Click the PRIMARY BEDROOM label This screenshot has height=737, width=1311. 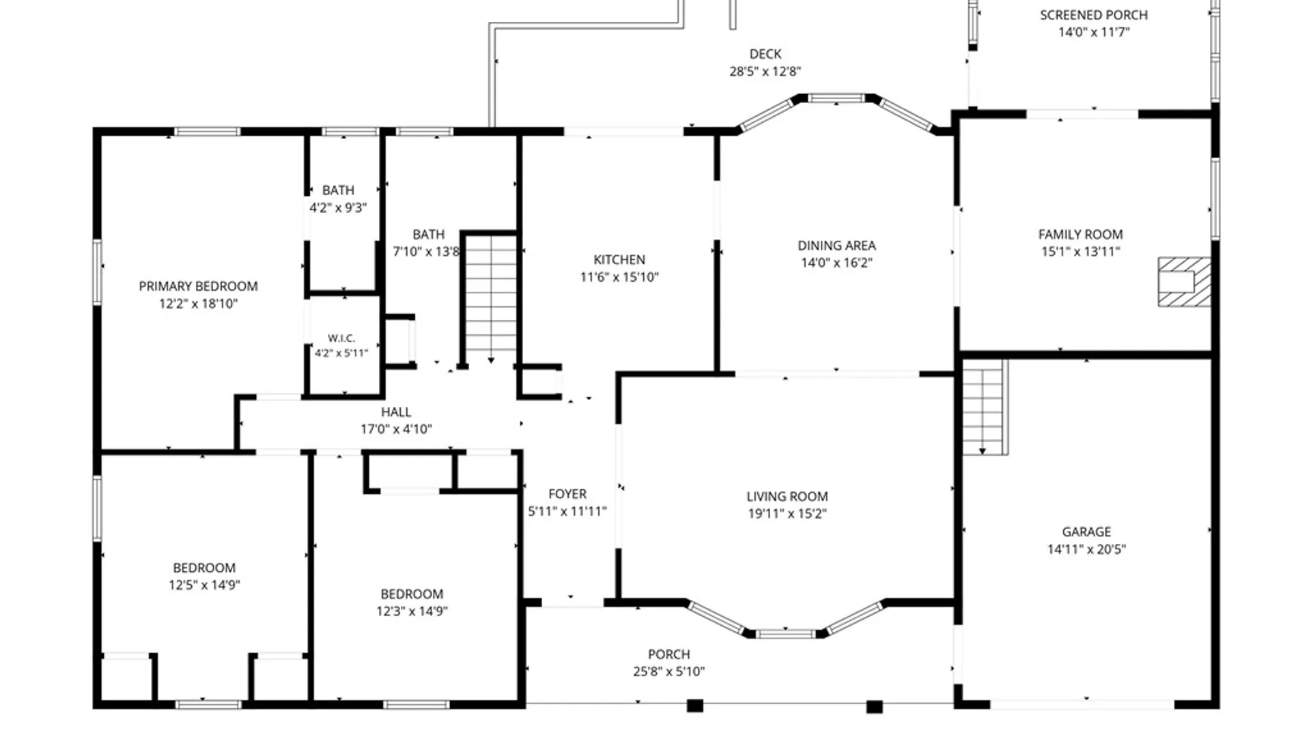click(198, 286)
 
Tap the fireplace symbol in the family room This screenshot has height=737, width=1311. click(1184, 281)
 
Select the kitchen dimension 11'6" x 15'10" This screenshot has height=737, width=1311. click(619, 277)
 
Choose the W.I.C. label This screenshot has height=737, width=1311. click(341, 338)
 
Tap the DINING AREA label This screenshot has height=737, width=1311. click(836, 246)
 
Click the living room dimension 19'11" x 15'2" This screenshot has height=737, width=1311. click(787, 514)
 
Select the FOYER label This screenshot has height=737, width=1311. click(567, 494)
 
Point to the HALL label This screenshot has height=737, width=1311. click(396, 412)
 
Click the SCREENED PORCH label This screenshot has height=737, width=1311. click(1094, 15)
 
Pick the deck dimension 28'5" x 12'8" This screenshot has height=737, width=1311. click(765, 71)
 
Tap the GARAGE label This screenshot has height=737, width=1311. click(1086, 532)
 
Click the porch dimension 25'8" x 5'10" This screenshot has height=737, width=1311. click(669, 671)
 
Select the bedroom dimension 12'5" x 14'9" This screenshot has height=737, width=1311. click(204, 585)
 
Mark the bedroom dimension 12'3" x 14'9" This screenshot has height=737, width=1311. click(412, 611)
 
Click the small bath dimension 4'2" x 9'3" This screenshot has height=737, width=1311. click(338, 207)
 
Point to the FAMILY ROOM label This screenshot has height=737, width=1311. click(1080, 235)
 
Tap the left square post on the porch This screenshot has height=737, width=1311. click(694, 706)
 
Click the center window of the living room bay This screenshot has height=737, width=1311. click(785, 634)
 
